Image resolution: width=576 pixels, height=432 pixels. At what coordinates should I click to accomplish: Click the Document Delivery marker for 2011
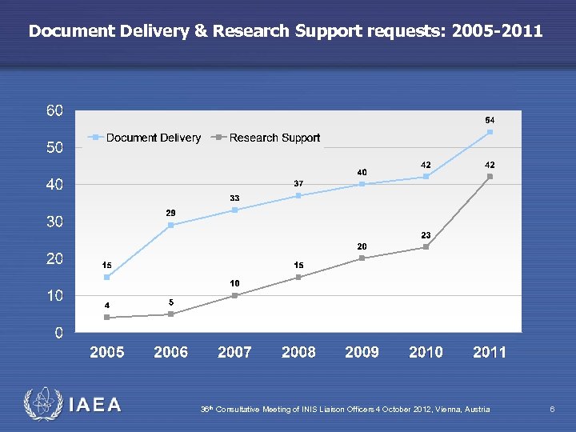pyautogui.click(x=490, y=132)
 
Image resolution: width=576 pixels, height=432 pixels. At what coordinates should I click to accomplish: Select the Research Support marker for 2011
pyautogui.click(x=490, y=177)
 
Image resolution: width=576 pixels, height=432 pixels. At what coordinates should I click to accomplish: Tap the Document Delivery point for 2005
pyautogui.click(x=106, y=277)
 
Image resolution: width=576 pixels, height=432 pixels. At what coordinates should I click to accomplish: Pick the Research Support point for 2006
pyautogui.click(x=170, y=314)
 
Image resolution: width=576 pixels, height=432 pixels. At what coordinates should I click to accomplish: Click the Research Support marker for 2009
pyautogui.click(x=362, y=258)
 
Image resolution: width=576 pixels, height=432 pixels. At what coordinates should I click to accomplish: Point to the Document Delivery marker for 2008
pyautogui.click(x=298, y=195)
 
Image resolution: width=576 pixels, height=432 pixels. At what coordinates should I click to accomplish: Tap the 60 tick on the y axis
pyautogui.click(x=54, y=110)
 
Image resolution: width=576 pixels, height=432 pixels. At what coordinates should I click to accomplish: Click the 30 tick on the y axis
pyautogui.click(x=54, y=222)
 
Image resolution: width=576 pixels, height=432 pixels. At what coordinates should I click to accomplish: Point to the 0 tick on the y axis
pyautogui.click(x=58, y=333)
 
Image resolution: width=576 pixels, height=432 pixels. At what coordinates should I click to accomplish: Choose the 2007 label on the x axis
pyautogui.click(x=234, y=352)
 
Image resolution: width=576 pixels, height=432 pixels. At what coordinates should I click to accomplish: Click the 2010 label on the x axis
pyautogui.click(x=426, y=352)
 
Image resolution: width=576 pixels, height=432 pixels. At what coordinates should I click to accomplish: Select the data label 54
pyautogui.click(x=490, y=119)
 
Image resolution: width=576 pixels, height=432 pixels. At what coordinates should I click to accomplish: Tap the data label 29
pyautogui.click(x=170, y=212)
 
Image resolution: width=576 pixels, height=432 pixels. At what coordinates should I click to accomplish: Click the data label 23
pyautogui.click(x=426, y=234)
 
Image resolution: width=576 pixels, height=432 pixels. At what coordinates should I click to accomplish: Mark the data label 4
pyautogui.click(x=106, y=305)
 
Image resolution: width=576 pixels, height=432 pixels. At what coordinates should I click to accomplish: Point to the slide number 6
pyautogui.click(x=552, y=409)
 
